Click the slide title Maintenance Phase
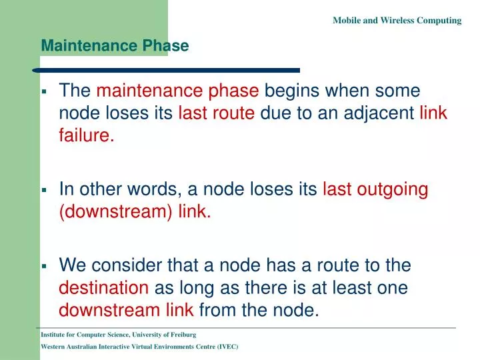(115, 46)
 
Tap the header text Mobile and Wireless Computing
(397, 21)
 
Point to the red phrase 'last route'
(216, 113)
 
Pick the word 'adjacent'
(384, 113)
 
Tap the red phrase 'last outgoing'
(375, 190)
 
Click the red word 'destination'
(104, 289)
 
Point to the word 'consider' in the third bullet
(127, 266)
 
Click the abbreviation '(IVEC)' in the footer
(226, 347)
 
